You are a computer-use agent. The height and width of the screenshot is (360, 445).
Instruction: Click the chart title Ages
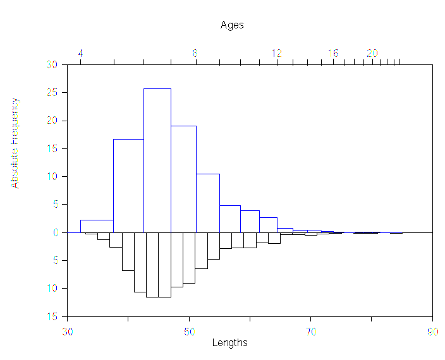(x=232, y=25)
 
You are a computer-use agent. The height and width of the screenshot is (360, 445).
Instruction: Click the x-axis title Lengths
(x=229, y=343)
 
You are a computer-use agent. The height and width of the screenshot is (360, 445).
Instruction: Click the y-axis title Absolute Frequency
(x=15, y=143)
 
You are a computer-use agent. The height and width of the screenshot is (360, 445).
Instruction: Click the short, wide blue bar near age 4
(x=97, y=226)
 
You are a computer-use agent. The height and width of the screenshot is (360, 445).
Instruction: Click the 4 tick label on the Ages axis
(x=81, y=54)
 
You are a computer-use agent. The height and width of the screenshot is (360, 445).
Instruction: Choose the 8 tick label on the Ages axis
(x=195, y=54)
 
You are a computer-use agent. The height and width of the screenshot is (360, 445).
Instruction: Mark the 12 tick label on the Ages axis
(x=277, y=54)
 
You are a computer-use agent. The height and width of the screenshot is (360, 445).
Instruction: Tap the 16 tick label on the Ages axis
(x=333, y=54)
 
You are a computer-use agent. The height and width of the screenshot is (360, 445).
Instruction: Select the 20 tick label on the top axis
(x=372, y=54)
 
